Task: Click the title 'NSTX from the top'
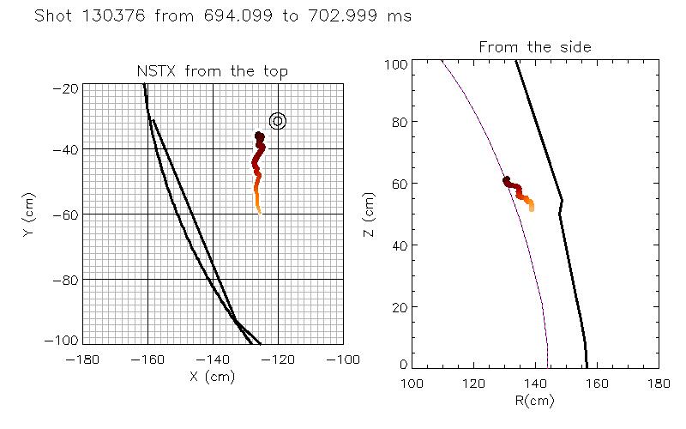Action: (212, 71)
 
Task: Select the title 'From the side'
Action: (534, 46)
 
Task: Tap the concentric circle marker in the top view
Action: (277, 121)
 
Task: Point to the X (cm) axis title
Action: (211, 375)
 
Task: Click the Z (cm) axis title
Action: (368, 214)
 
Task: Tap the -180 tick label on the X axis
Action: (81, 358)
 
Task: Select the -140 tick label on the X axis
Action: (212, 358)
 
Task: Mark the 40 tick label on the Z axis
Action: (397, 245)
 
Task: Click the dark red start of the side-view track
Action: (507, 180)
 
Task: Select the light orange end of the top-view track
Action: (258, 210)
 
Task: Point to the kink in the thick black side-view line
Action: (562, 202)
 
